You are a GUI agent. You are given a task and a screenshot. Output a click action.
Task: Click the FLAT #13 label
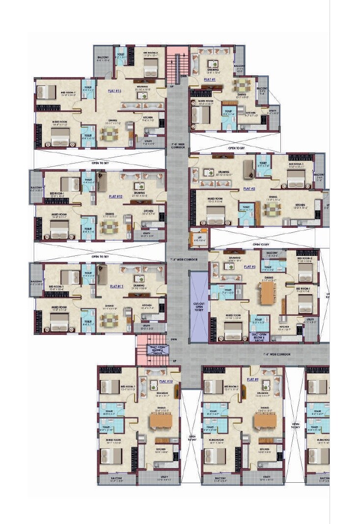[x=114, y=91]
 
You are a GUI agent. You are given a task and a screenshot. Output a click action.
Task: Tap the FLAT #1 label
[x=210, y=79]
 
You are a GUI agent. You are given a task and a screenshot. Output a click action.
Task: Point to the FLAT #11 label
[x=116, y=286]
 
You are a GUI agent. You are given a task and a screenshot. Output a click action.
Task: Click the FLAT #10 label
[x=166, y=381]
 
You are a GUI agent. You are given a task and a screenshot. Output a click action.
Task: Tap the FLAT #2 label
[x=249, y=189]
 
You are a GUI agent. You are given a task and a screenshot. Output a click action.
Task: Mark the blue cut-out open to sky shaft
[x=198, y=306]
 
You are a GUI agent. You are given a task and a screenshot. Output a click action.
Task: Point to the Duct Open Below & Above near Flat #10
[x=159, y=350]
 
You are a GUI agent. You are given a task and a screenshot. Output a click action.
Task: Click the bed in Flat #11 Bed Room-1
[x=69, y=277]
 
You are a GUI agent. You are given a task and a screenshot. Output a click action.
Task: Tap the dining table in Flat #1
[x=241, y=84]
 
